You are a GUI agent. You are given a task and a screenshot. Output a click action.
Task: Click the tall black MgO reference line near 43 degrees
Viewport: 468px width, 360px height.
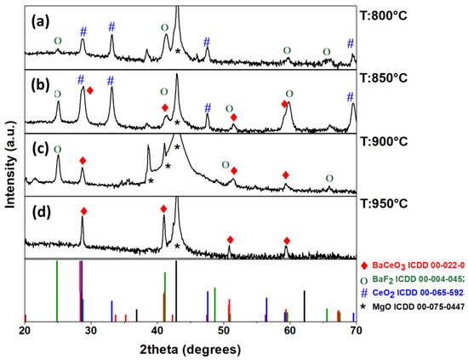176,289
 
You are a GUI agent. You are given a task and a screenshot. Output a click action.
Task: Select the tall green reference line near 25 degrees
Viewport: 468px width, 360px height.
57,289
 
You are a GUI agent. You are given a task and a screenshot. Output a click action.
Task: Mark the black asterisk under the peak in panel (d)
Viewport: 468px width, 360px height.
177,246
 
